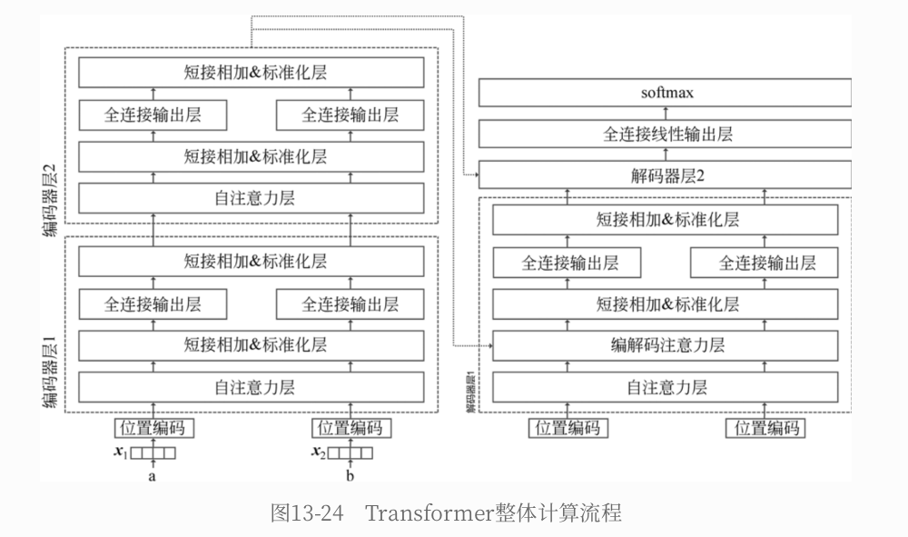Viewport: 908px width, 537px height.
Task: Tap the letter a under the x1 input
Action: [153, 475]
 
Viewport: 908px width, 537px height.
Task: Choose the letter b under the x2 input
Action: [350, 475]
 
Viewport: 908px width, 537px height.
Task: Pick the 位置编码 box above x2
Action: [350, 428]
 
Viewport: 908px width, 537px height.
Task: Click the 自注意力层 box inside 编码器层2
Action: [252, 197]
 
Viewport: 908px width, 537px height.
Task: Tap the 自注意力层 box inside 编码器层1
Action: [252, 387]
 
